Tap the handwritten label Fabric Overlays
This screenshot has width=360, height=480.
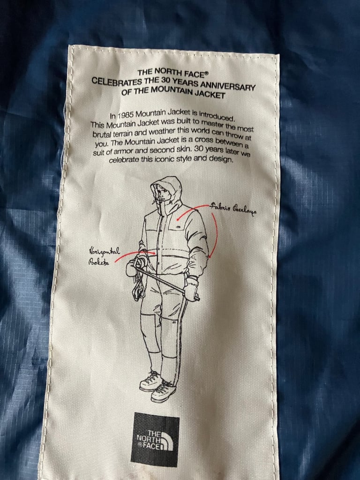click(x=233, y=208)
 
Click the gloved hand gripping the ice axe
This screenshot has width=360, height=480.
click(x=191, y=288)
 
